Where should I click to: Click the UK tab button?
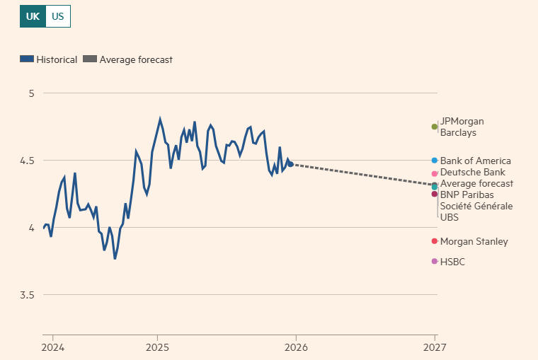pyautogui.click(x=33, y=16)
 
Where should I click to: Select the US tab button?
pyautogui.click(x=58, y=16)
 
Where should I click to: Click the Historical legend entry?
pyautogui.click(x=48, y=59)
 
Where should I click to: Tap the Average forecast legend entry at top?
pyautogui.click(x=128, y=59)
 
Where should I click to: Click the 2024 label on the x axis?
pyautogui.click(x=52, y=347)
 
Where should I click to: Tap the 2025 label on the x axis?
pyautogui.click(x=157, y=347)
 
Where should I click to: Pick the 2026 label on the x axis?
pyautogui.click(x=296, y=347)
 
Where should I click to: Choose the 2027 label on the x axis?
pyautogui.click(x=435, y=347)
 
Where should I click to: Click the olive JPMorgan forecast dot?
pyautogui.click(x=435, y=127)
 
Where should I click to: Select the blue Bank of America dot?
pyautogui.click(x=435, y=161)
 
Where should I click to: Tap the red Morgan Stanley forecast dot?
pyautogui.click(x=435, y=241)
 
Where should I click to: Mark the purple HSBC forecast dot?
pyautogui.click(x=435, y=262)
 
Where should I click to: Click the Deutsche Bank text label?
pyautogui.click(x=472, y=172)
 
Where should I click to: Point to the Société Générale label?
pyautogui.click(x=476, y=206)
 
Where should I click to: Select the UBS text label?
pyautogui.click(x=450, y=217)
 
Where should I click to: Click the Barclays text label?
pyautogui.click(x=458, y=132)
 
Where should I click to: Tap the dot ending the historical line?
pyautogui.click(x=291, y=164)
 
